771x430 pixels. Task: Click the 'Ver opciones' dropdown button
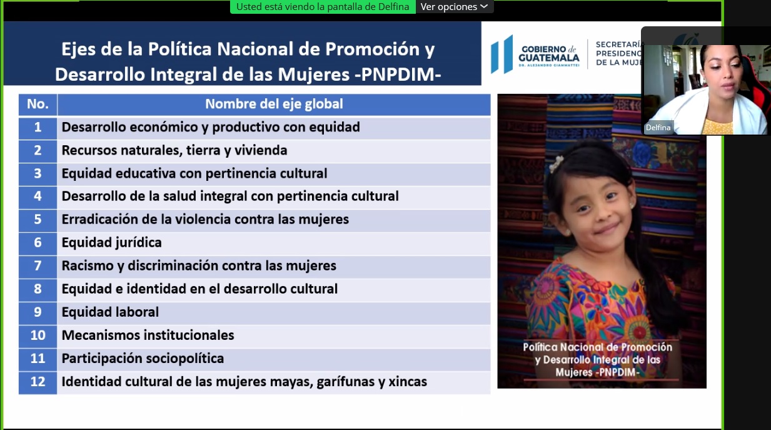point(455,6)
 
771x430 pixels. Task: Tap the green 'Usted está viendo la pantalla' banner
point(323,6)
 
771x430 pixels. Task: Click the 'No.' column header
point(38,105)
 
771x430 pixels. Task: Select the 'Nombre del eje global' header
point(274,105)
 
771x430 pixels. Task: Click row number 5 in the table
point(38,220)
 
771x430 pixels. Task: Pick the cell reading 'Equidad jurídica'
point(111,243)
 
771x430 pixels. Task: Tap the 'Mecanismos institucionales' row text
point(148,335)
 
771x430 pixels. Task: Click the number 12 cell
point(38,382)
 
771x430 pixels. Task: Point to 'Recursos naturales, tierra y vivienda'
point(174,151)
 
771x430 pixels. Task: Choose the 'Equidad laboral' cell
point(110,312)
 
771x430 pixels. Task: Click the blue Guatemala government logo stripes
point(502,54)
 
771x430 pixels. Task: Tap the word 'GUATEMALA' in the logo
point(549,58)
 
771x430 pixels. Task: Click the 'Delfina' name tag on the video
point(658,128)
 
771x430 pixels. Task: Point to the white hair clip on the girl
point(557,163)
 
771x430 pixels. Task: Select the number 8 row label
point(38,289)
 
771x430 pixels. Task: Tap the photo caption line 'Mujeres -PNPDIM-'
point(597,372)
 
